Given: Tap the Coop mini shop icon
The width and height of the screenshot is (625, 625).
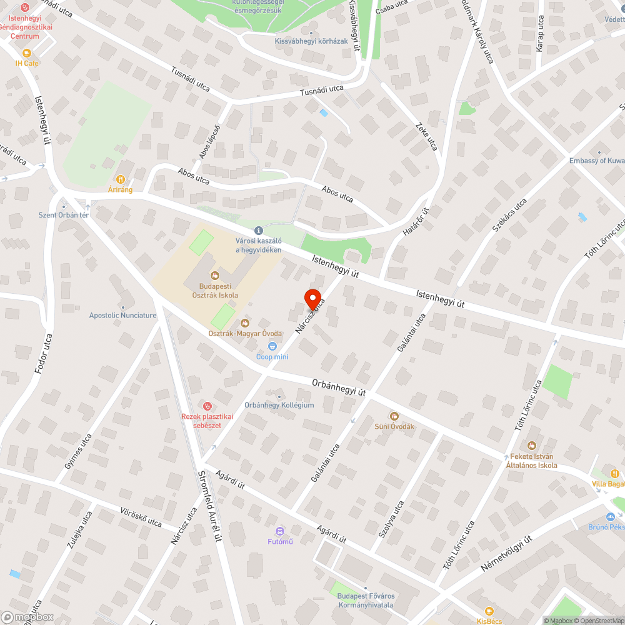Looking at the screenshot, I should [272, 347].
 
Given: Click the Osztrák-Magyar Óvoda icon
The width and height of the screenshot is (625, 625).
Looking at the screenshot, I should [245, 323].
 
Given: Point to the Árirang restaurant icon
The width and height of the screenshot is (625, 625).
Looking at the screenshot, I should [121, 179].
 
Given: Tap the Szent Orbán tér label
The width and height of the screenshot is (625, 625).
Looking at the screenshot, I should [64, 216].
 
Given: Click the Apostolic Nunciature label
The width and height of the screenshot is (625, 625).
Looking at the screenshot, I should [122, 316].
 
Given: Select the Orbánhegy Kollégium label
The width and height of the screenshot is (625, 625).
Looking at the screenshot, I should [279, 405].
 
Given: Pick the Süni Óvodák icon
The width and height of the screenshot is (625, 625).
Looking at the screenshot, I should [394, 416].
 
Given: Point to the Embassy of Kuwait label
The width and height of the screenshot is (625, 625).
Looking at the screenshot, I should [596, 161].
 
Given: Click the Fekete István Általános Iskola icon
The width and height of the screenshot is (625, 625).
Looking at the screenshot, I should [531, 445].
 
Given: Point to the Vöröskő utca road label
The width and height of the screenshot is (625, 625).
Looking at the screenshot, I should [141, 518].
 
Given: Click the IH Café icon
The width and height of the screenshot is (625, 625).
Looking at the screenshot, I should [27, 53].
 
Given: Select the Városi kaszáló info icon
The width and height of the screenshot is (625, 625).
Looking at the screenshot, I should [259, 231].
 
